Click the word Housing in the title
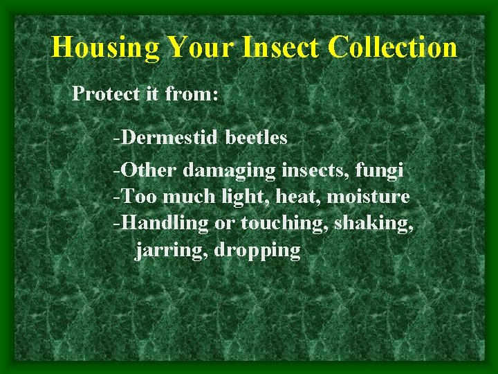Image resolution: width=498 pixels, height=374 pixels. pyautogui.click(x=106, y=48)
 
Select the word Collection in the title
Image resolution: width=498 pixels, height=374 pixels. pyautogui.click(x=393, y=48)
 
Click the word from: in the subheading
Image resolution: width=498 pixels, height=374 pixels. pyautogui.click(x=192, y=93)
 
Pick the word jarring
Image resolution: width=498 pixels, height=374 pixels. pyautogui.click(x=172, y=250)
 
